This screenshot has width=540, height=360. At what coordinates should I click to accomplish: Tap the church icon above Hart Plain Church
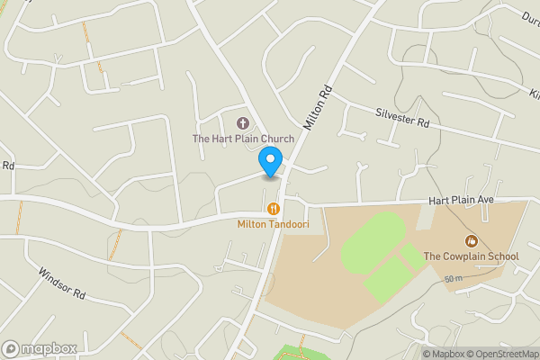[x=242, y=122]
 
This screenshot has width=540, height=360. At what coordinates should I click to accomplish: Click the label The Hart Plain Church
[x=243, y=139]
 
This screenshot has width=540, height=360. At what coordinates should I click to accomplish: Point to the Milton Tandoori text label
[x=273, y=223]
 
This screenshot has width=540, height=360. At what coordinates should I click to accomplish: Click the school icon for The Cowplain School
[x=470, y=240]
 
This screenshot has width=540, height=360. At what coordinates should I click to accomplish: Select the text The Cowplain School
[x=471, y=256]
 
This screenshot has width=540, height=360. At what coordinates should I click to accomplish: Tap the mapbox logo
[x=39, y=348]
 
